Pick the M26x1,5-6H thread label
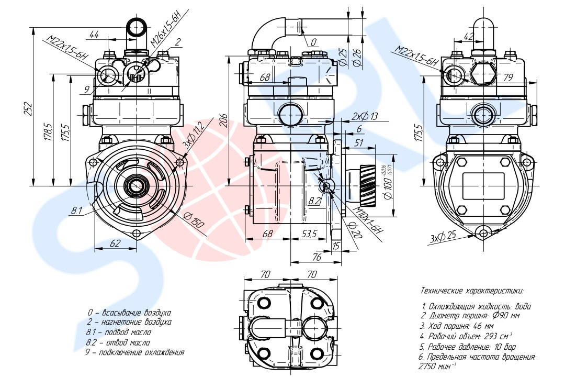tap(169, 28)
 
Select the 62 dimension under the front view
tap(115, 243)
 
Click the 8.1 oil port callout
tap(76, 210)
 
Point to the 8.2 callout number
tap(314, 201)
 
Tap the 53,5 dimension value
tap(309, 234)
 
